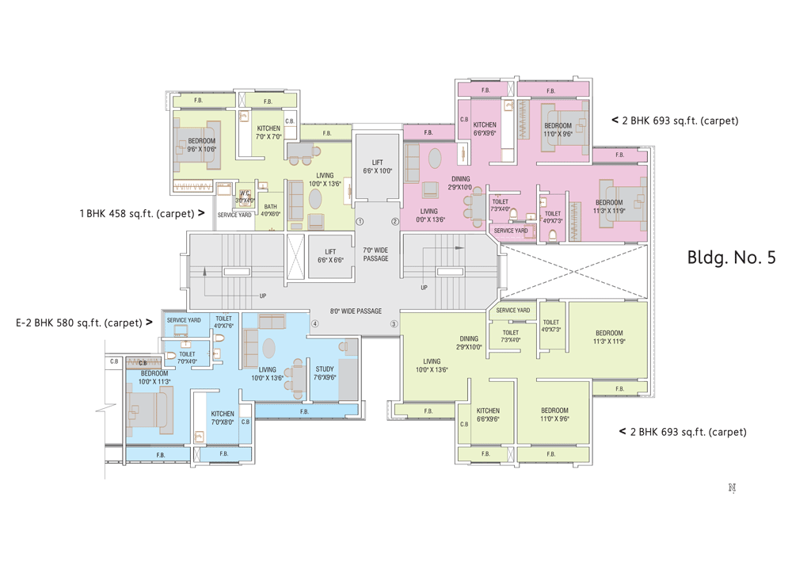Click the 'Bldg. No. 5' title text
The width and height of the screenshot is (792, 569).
click(730, 258)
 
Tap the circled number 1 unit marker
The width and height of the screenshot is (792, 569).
click(360, 222)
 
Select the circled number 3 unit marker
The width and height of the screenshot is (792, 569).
click(394, 324)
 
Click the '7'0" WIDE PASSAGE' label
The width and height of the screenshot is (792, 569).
click(376, 254)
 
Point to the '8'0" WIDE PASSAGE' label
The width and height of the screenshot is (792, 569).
click(356, 311)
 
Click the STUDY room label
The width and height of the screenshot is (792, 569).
click(325, 372)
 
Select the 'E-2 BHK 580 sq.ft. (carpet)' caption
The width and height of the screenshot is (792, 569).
click(78, 323)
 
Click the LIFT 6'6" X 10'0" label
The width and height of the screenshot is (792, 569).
click(377, 166)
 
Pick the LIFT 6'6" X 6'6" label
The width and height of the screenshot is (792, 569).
click(330, 256)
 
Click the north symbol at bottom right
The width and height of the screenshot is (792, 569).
click(732, 488)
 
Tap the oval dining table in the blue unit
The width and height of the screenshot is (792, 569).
click(269, 348)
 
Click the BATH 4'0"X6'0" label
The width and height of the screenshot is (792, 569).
click(271, 210)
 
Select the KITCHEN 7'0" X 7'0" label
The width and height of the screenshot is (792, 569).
click(268, 132)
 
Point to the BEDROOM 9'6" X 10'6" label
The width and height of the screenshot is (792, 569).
click(201, 145)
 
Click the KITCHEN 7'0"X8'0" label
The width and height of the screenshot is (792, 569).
click(223, 418)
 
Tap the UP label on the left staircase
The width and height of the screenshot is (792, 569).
click(263, 296)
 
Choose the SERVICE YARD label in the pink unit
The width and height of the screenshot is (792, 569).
click(510, 231)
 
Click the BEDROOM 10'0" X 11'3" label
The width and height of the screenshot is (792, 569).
click(154, 377)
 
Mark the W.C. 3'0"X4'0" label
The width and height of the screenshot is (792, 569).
click(245, 197)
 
